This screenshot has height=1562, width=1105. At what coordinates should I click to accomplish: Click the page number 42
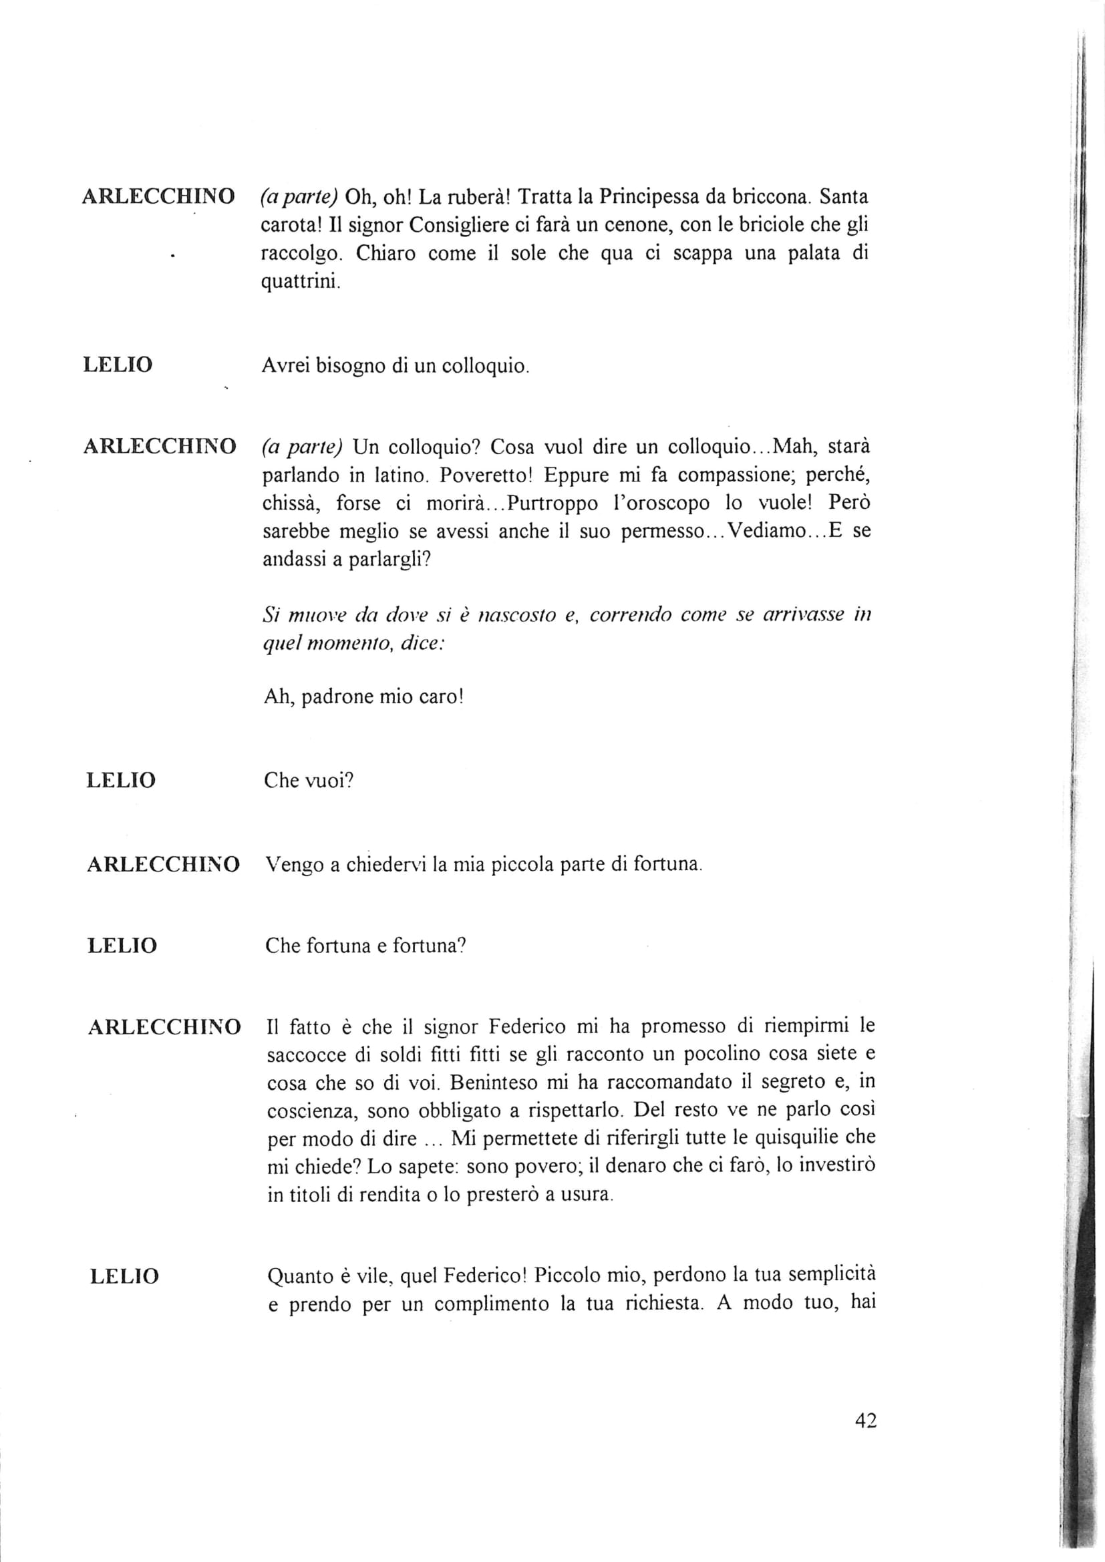pyautogui.click(x=865, y=1420)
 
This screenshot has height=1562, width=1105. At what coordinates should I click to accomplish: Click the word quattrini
pyautogui.click(x=299, y=282)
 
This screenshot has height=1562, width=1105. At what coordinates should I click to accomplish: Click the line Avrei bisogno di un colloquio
pyautogui.click(x=395, y=366)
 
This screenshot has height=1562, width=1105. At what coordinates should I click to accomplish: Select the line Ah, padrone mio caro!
pyautogui.click(x=363, y=697)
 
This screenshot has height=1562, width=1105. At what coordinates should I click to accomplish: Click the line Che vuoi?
pyautogui.click(x=309, y=780)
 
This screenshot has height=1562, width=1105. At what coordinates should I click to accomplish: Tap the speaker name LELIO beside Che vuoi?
pyautogui.click(x=121, y=780)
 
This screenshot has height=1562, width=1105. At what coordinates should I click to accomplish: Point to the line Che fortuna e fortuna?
pyautogui.click(x=365, y=946)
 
